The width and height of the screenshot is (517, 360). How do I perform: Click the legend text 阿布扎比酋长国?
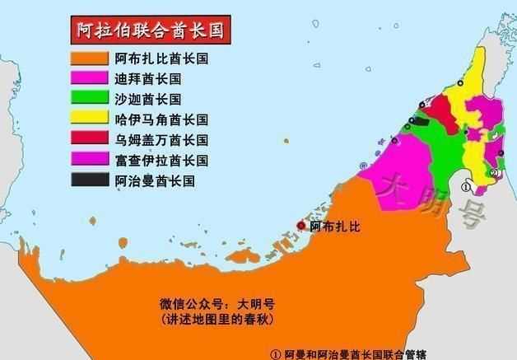161,59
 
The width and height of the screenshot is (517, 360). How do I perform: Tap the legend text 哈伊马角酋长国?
161,119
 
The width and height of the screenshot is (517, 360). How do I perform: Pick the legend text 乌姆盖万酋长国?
161,139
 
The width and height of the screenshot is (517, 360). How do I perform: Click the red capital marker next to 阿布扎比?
301,226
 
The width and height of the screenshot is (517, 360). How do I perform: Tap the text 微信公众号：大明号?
216,302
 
